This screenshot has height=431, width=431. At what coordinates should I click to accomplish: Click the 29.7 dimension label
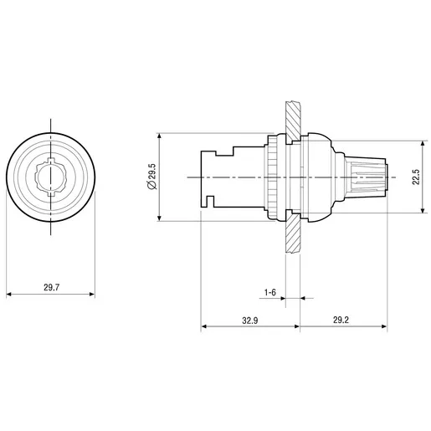pyautogui.click(x=52, y=287)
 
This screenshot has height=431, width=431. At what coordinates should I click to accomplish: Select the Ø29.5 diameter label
pyautogui.click(x=153, y=177)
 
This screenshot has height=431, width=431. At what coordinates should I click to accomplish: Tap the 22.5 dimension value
pyautogui.click(x=416, y=177)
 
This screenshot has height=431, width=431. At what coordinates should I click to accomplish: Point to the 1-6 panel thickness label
pyautogui.click(x=270, y=292)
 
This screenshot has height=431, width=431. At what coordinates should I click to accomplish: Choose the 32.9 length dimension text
pyautogui.click(x=250, y=321)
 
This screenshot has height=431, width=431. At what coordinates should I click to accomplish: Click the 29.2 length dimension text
pyautogui.click(x=341, y=320)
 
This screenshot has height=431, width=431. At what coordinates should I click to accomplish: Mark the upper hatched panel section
pyautogui.click(x=293, y=121)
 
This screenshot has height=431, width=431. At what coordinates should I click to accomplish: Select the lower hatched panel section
pyautogui.click(x=293, y=232)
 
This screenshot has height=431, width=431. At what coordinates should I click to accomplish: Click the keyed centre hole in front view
pyautogui.click(x=50, y=177)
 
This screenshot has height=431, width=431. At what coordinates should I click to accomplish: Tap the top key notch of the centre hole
pyautogui.click(x=50, y=161)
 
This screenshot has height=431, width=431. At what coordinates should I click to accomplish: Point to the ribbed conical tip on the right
pyautogui.click(x=366, y=177)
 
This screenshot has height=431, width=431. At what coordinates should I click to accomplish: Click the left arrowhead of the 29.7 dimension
pyautogui.click(x=9, y=294)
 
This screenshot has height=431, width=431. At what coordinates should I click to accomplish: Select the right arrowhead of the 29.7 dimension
pyautogui.click(x=92, y=294)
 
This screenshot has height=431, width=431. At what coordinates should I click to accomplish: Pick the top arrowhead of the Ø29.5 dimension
pyautogui.click(x=159, y=136)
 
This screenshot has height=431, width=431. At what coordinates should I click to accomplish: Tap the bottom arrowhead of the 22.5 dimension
pyautogui.click(x=423, y=210)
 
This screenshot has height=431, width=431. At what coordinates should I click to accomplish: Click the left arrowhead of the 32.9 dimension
pyautogui.click(x=204, y=326)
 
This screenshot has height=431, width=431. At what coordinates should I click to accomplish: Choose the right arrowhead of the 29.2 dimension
pyautogui.click(x=384, y=326)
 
